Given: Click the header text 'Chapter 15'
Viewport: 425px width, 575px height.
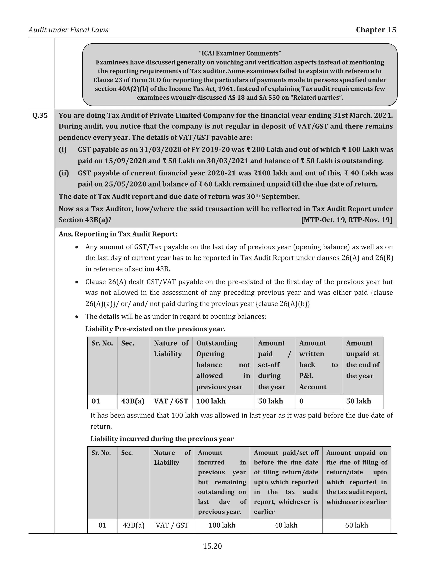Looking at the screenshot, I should [x=376, y=30].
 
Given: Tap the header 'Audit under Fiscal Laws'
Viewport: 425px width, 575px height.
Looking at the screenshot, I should [x=68, y=30].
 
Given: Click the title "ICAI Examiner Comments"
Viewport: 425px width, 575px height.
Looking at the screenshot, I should [x=240, y=53].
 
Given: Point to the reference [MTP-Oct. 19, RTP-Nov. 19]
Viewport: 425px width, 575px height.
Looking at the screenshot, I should [x=347, y=220].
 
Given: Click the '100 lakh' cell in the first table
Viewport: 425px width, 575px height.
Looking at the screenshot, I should [x=211, y=401].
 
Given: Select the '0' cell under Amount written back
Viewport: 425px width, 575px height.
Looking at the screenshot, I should [x=302, y=401].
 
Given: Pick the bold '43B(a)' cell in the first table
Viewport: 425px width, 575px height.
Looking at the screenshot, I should [x=133, y=401].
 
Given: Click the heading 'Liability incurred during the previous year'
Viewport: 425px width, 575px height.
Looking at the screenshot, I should [x=162, y=439].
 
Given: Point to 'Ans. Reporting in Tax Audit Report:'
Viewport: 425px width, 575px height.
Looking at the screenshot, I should [x=118, y=234].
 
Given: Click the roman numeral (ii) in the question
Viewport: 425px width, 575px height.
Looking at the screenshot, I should [x=64, y=173].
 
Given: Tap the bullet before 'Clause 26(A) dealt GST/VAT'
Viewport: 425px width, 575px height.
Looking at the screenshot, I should [x=77, y=282].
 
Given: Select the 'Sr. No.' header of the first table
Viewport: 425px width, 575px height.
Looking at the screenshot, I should [x=102, y=343].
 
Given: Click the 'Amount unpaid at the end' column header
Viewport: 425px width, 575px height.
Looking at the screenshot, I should [x=362, y=359].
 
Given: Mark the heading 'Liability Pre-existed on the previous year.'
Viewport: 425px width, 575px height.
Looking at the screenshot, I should [x=155, y=329].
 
